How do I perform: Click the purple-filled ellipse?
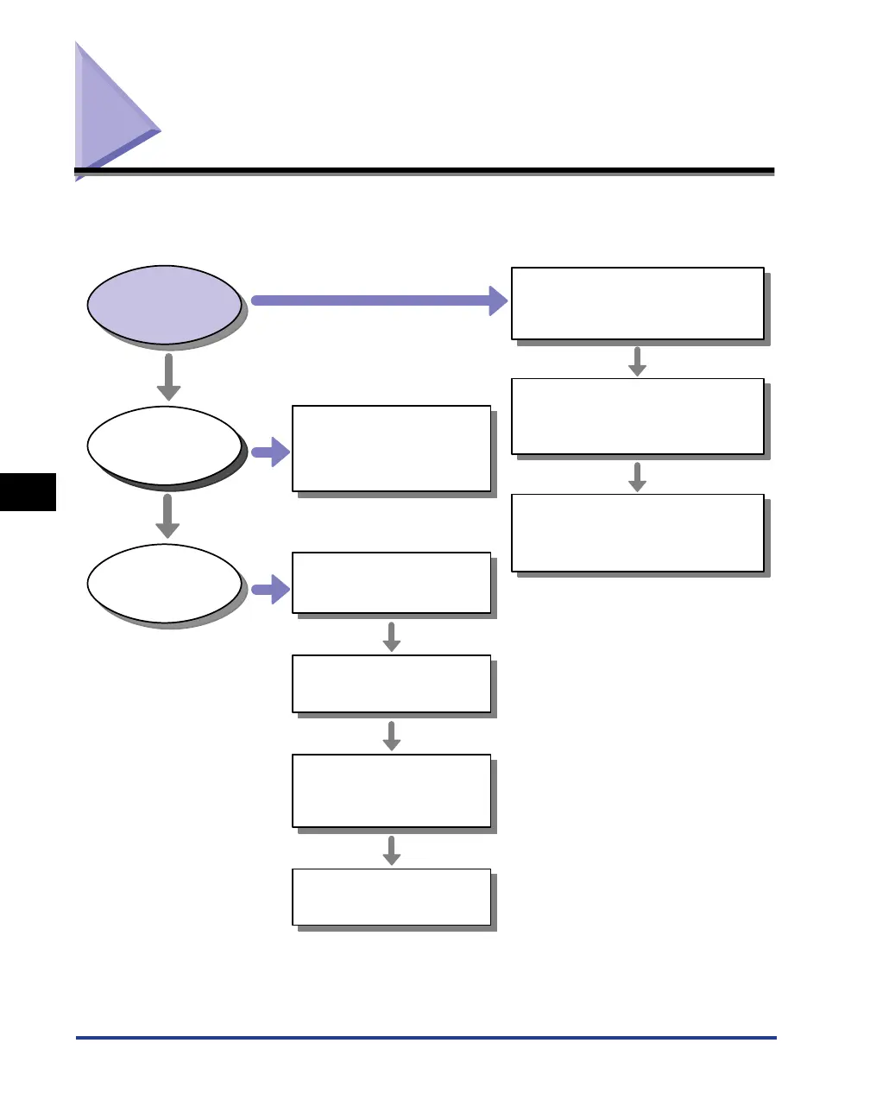point(164,304)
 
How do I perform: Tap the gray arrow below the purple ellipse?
point(168,376)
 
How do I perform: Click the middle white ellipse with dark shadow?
point(164,446)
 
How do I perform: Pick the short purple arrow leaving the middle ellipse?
point(271,452)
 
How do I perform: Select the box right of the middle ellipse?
point(392,448)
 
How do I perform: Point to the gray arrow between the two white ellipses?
point(167,516)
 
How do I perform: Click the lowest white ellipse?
point(164,583)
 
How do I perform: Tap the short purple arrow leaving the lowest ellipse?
point(271,590)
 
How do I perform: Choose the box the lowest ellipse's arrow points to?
point(392,583)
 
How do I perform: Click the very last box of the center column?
point(392,897)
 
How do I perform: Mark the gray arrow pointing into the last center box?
point(392,850)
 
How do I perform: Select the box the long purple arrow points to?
point(638,303)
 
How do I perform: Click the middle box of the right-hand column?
point(638,416)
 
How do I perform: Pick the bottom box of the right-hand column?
point(638,533)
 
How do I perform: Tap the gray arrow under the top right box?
point(637,361)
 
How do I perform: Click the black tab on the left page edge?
point(28,492)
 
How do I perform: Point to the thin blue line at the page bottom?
point(426,1038)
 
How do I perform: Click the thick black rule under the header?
point(426,171)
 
